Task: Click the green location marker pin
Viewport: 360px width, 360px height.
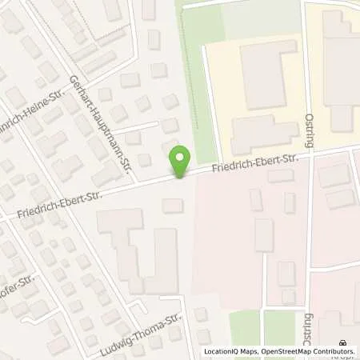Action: tap(182, 162)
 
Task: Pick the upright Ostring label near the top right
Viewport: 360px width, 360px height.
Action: tap(310, 129)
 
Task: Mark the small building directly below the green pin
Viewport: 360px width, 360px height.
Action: tap(172, 206)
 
